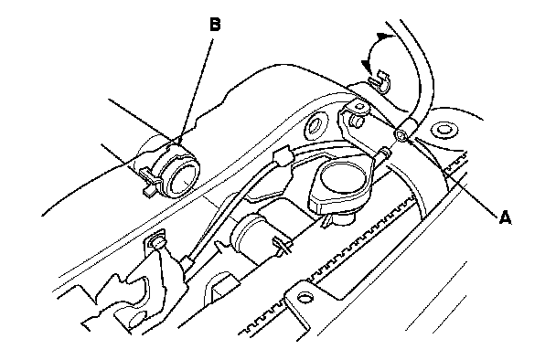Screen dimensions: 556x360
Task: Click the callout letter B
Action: (x=215, y=25)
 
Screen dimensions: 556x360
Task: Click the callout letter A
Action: (x=505, y=217)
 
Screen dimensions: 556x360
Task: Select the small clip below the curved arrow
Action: (x=380, y=80)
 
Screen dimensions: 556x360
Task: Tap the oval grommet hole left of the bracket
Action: (x=314, y=126)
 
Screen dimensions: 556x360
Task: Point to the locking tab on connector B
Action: (x=150, y=181)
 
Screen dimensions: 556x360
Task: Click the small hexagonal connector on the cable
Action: (x=283, y=158)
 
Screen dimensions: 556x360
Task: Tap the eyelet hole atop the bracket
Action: (x=359, y=106)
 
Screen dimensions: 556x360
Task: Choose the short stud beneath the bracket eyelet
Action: (x=357, y=122)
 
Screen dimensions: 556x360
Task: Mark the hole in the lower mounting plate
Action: (x=305, y=297)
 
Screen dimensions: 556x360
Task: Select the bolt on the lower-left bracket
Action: (x=158, y=243)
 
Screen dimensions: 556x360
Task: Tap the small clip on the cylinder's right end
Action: (x=283, y=245)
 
